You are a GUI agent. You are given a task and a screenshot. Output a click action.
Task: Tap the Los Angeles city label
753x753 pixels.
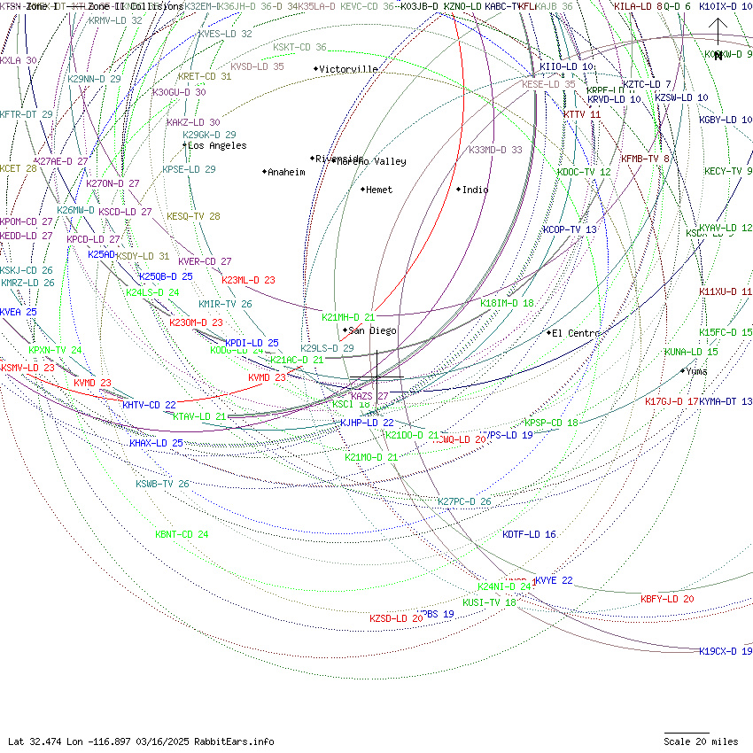point(217,145)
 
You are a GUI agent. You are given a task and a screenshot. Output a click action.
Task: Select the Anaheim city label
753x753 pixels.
point(286,172)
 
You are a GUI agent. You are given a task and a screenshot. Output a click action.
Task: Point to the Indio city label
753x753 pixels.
point(475,190)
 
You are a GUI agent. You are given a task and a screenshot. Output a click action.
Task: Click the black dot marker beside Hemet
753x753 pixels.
point(362,189)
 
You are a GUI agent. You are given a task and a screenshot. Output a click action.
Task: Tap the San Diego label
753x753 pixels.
point(373,330)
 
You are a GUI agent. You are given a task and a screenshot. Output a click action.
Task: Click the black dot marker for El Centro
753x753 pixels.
point(548,333)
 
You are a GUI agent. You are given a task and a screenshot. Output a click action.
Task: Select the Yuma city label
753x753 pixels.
point(697,371)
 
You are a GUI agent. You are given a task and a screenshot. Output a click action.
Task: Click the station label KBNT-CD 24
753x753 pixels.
point(182,534)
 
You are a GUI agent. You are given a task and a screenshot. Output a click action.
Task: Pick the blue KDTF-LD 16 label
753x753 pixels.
point(529,534)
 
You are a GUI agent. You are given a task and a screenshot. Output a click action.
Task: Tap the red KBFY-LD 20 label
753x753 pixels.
point(667,599)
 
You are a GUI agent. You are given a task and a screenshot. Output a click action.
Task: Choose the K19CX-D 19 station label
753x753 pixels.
point(726,651)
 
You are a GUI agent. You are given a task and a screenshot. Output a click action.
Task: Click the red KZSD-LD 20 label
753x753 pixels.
point(396,617)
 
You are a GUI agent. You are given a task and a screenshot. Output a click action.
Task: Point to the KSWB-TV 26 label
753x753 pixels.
point(162,484)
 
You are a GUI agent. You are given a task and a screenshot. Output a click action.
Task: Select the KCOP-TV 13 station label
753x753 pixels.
point(570,229)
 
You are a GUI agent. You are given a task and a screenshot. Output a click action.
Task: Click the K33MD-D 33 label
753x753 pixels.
point(495,150)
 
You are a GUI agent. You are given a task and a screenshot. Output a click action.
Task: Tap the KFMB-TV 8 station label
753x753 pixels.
point(644,159)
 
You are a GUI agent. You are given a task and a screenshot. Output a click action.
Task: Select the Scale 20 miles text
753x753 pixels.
point(701,741)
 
